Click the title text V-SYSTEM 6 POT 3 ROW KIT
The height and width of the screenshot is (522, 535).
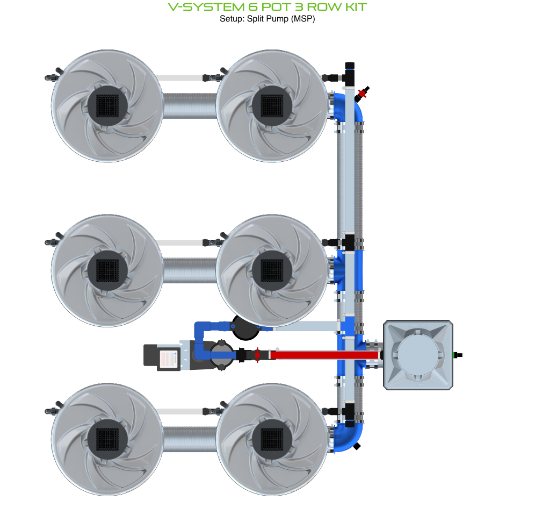click(267, 7)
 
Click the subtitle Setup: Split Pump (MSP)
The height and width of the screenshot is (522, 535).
click(267, 19)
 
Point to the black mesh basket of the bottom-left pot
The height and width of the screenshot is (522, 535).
click(106, 438)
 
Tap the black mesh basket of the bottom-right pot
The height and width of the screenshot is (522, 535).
click(271, 438)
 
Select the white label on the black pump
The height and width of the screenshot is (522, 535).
click(170, 359)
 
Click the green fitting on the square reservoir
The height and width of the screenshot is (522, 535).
click(458, 355)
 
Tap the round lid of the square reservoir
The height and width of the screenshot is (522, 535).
click(418, 355)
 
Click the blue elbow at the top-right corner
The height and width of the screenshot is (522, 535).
click(349, 108)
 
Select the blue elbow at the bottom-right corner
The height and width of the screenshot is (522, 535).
click(349, 437)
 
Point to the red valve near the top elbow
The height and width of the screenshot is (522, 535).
click(363, 93)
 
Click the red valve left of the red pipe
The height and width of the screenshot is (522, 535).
click(257, 355)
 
